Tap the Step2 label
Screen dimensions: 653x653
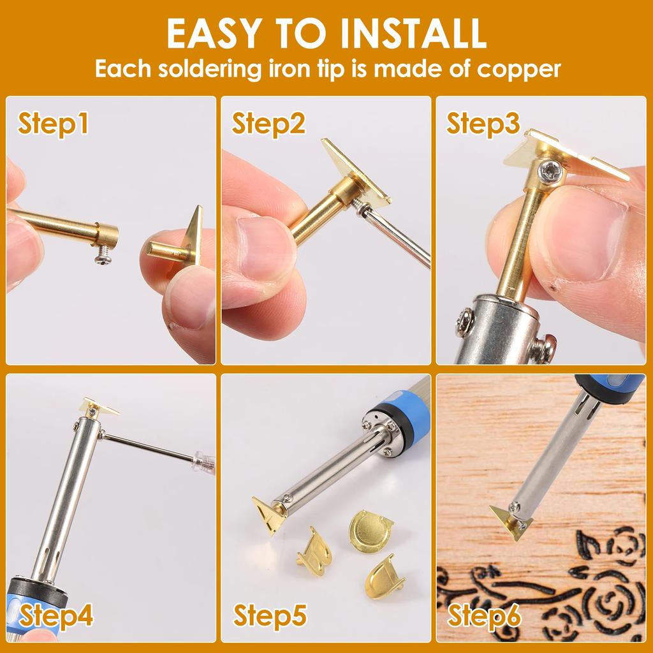tap(268, 124)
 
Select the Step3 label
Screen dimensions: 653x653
tap(483, 124)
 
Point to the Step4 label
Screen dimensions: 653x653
tap(56, 617)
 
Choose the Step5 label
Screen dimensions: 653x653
tap(270, 617)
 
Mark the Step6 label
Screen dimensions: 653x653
tap(484, 617)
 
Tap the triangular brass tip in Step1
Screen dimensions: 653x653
tap(192, 236)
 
